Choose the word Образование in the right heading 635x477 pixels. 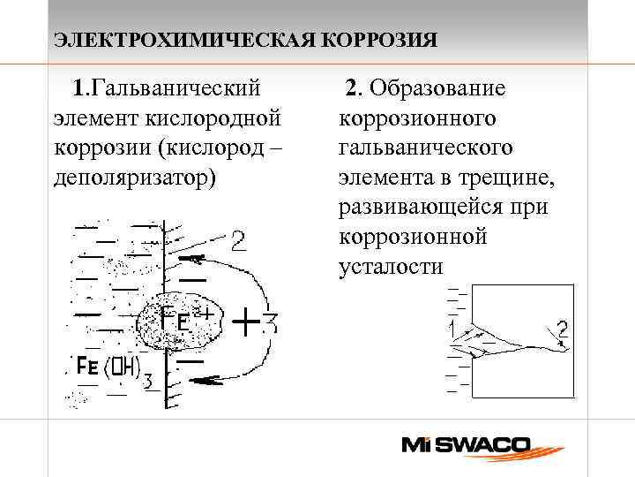(x=437, y=88)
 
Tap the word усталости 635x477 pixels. (x=391, y=267)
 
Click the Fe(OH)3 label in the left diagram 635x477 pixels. (x=105, y=367)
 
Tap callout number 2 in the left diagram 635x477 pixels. (x=238, y=240)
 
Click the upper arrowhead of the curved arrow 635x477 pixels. (x=198, y=260)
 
